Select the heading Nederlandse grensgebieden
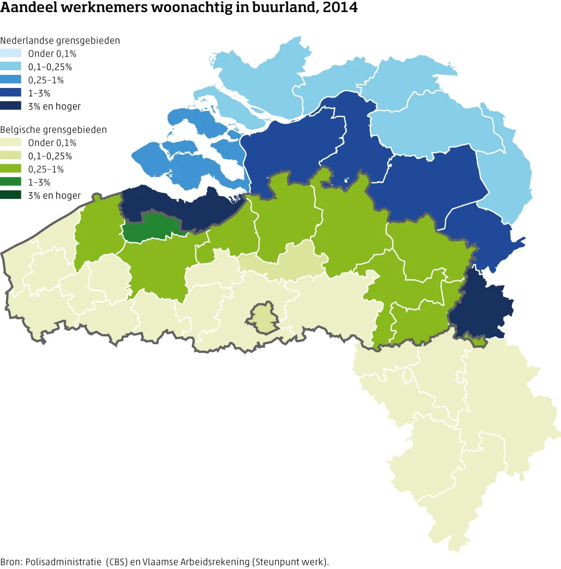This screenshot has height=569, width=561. click(60, 41)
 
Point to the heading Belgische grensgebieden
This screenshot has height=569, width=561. click(53, 130)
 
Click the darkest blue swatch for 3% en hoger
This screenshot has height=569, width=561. click(11, 106)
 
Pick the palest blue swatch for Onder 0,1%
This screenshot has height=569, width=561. click(11, 53)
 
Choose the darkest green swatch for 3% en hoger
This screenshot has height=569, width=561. click(11, 195)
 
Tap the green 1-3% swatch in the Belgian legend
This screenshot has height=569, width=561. click(11, 182)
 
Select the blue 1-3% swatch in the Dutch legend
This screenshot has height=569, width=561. click(11, 93)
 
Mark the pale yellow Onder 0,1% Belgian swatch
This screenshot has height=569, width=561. click(11, 142)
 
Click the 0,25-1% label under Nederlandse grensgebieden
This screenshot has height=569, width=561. click(46, 80)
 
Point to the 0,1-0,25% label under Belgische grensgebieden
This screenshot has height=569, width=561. click(50, 156)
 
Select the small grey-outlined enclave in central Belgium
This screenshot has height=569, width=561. click(263, 318)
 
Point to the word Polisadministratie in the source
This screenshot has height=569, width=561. click(64, 562)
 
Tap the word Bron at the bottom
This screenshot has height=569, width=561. click(11, 562)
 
